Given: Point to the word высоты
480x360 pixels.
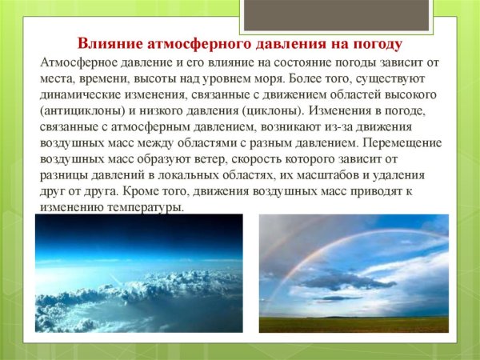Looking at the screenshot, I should [x=166, y=79].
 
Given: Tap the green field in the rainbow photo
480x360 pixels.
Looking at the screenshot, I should [x=353, y=323].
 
